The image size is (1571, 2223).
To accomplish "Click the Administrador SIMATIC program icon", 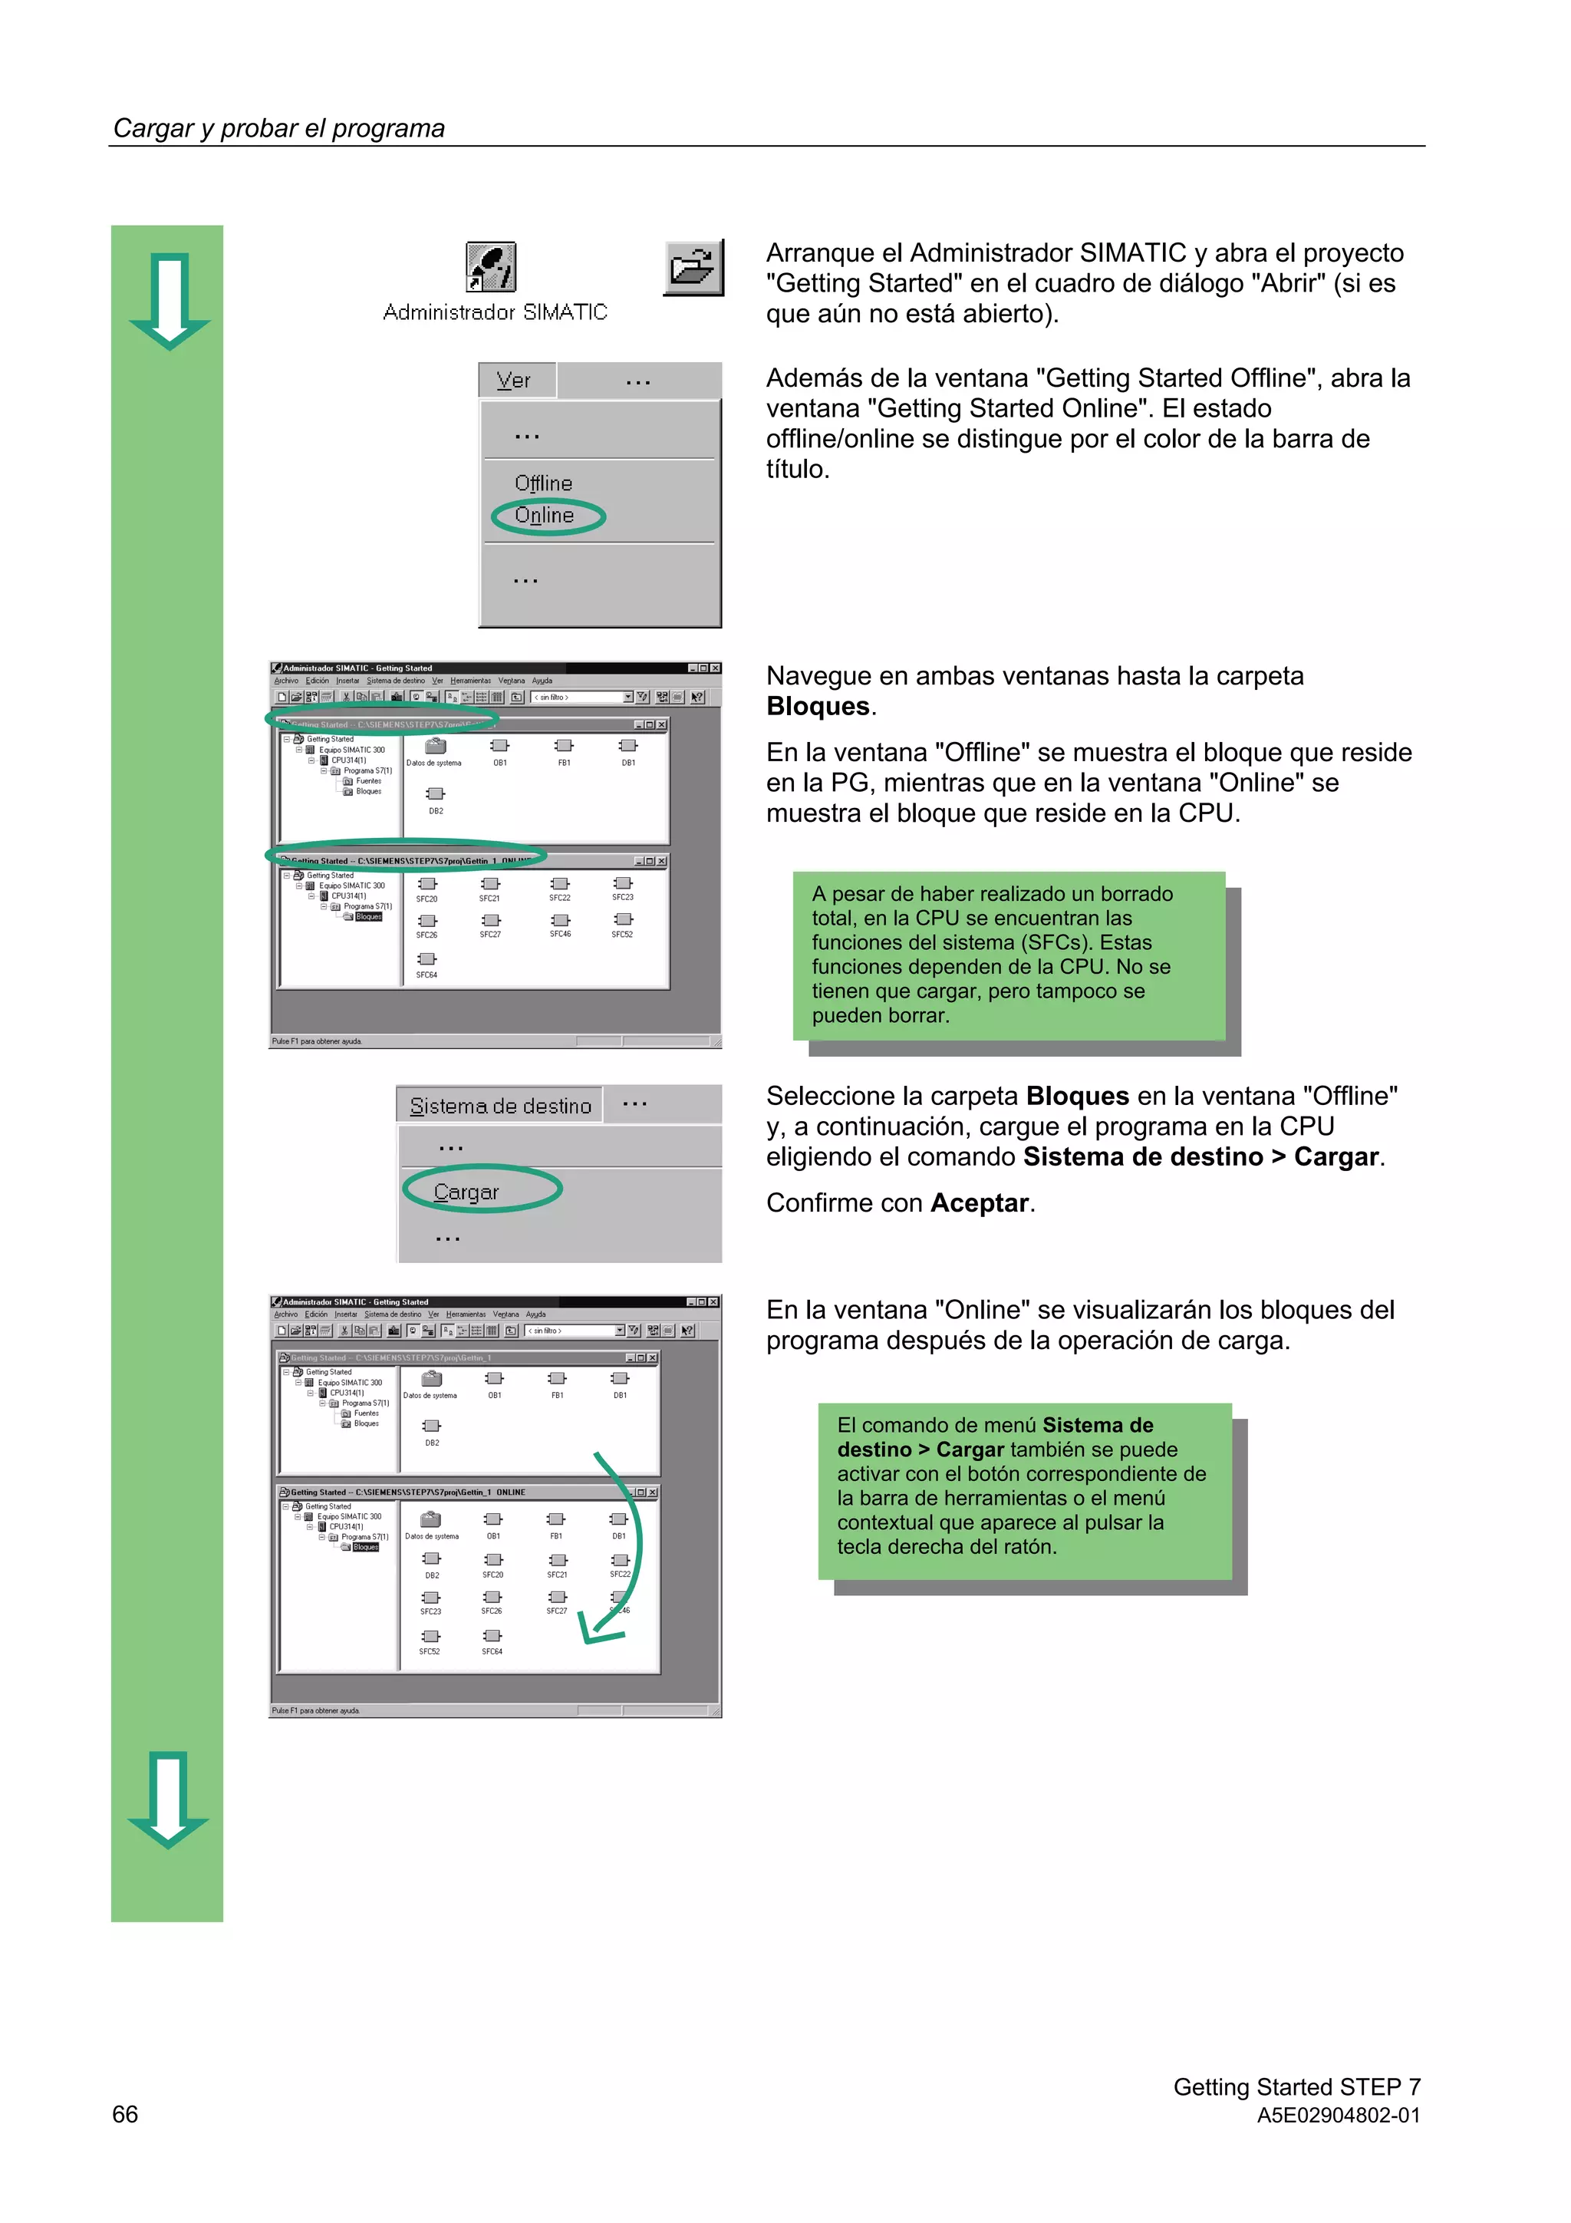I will pyautogui.click(x=491, y=267).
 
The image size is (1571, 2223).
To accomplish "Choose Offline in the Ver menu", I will pyautogui.click(x=543, y=483).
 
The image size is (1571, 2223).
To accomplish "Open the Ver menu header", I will pyautogui.click(x=515, y=381).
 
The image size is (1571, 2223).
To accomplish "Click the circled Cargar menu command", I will pyautogui.click(x=466, y=1192).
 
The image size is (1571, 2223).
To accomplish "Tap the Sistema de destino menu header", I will pyautogui.click(x=499, y=1106).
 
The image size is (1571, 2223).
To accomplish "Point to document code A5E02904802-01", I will pyautogui.click(x=1338, y=2116).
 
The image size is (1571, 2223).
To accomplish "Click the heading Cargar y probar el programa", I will pyautogui.click(x=278, y=129).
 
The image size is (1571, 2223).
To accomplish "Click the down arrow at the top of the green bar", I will pyautogui.click(x=170, y=301).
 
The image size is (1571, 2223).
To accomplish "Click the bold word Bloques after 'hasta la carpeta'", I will pyautogui.click(x=818, y=707).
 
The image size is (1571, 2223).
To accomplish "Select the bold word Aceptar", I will pyautogui.click(x=979, y=1202).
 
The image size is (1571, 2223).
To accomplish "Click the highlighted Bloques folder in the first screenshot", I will pyautogui.click(x=369, y=917).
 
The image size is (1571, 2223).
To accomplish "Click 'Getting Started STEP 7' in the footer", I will pyautogui.click(x=1296, y=2086).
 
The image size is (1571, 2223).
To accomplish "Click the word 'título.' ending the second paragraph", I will pyautogui.click(x=798, y=470).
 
